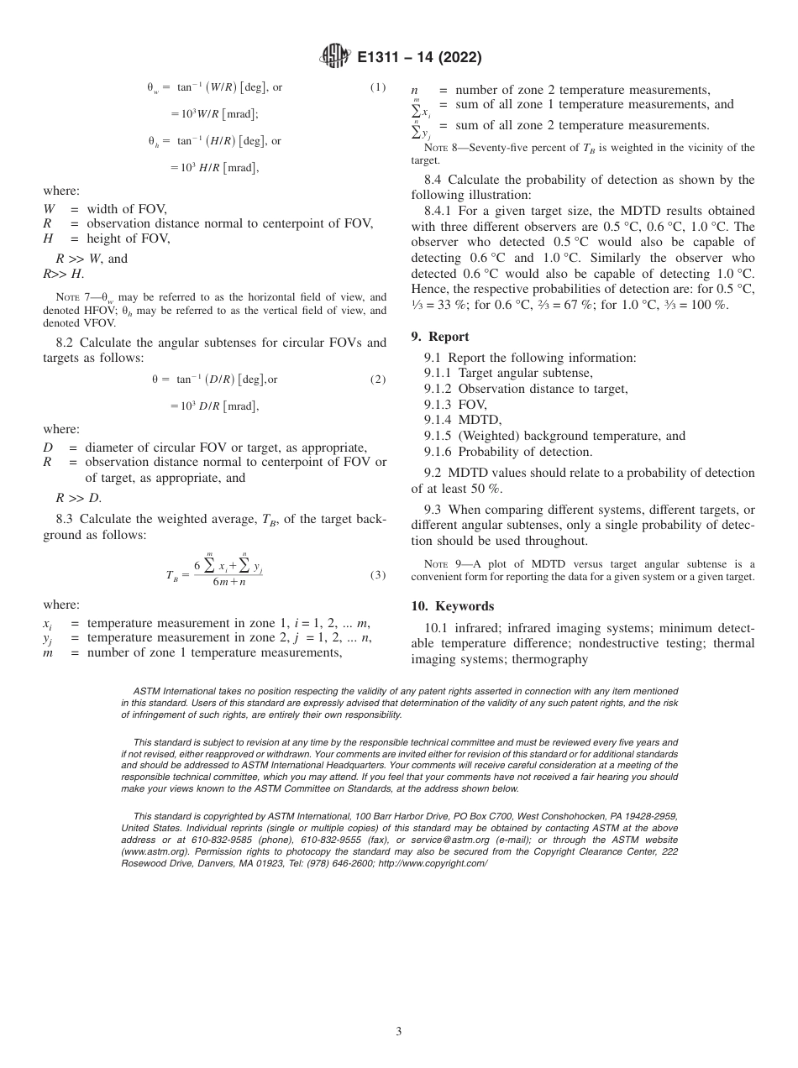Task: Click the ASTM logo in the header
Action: (x=336, y=58)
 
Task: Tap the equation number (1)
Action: (x=378, y=86)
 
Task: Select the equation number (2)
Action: (x=378, y=379)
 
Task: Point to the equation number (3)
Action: (x=378, y=575)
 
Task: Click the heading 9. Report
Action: (x=440, y=337)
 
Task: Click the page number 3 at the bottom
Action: (x=399, y=1031)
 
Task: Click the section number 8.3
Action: (x=68, y=520)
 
